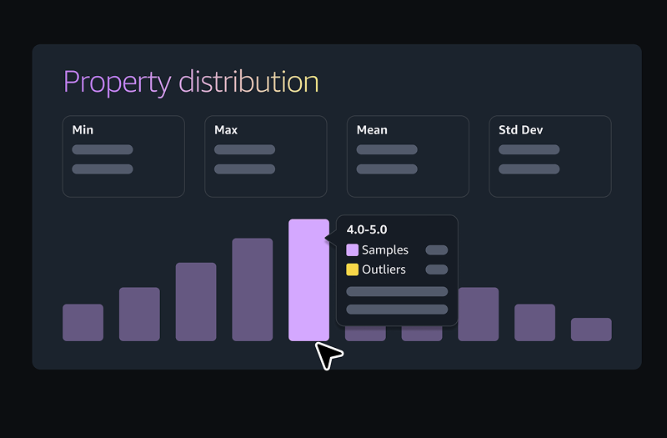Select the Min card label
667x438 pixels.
83,130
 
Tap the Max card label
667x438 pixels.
226,130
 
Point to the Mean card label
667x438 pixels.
372,130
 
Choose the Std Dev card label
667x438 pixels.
521,130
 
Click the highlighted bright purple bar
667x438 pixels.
308,279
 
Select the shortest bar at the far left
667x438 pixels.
83,322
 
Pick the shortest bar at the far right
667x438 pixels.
591,330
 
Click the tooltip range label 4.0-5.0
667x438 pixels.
367,230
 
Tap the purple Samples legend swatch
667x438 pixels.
353,250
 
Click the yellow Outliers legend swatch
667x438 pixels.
353,269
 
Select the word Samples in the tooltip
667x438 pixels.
385,250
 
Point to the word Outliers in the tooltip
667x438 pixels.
384,269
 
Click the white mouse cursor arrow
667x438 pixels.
328,355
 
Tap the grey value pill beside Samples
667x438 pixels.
436,250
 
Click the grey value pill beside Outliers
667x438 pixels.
436,269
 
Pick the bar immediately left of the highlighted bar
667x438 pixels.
252,289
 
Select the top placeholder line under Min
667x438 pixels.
103,150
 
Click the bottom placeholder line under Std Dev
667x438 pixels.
529,169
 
